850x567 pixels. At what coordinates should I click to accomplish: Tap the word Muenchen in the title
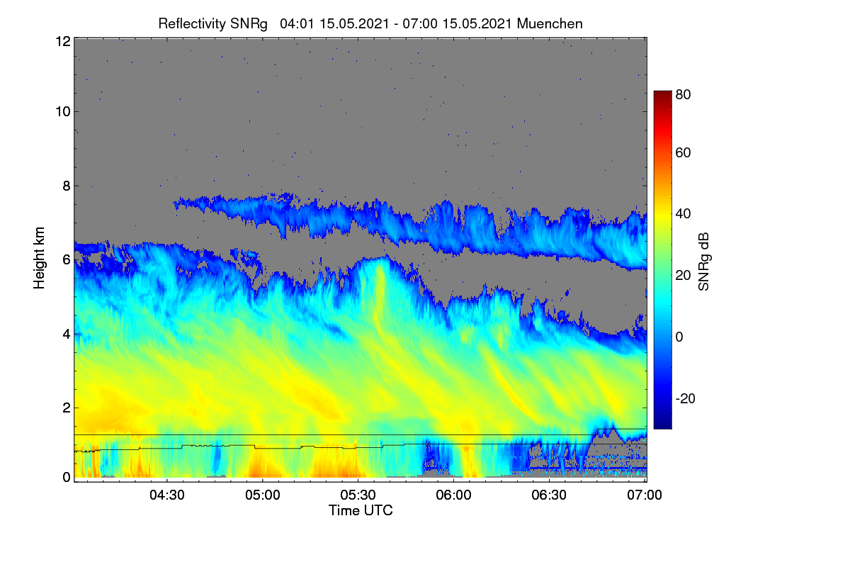tap(550, 24)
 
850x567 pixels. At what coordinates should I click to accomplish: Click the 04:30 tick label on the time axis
tap(167, 495)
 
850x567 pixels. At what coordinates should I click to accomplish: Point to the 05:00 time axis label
tap(263, 495)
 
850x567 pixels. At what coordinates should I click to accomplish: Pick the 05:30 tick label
tap(358, 495)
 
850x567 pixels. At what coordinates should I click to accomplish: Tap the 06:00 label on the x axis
tap(453, 495)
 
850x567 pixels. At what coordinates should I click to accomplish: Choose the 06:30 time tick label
tap(549, 495)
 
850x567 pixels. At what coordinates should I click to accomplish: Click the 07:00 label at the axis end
tap(645, 495)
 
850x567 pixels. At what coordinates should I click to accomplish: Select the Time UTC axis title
tap(361, 510)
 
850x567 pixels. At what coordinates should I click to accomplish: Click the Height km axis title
tap(39, 258)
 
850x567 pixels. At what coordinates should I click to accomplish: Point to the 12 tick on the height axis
tap(63, 41)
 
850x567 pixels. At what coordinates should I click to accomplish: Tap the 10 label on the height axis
tap(63, 112)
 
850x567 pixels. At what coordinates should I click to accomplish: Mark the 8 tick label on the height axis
tap(67, 186)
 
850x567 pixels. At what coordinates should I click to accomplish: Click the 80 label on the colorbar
tap(683, 94)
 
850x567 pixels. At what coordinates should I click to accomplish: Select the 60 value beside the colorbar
tap(683, 152)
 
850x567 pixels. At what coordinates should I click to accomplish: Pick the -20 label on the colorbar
tap(686, 399)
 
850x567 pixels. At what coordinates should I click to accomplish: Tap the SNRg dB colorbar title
tap(703, 262)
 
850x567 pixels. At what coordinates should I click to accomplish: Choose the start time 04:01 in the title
tap(297, 24)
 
